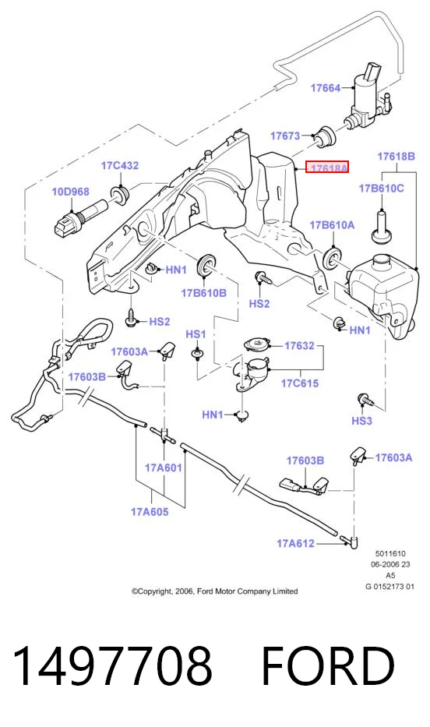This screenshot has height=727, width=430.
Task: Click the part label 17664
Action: coord(326,87)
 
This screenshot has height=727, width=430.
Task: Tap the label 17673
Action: coord(285,136)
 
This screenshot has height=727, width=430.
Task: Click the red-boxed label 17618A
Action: coord(328,168)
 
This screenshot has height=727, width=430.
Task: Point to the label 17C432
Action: coord(120,165)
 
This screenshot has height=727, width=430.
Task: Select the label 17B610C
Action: coord(381,189)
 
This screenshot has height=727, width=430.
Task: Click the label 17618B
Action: coord(397,157)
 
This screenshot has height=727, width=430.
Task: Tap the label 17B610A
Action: coord(332,225)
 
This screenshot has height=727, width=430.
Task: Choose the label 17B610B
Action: coord(203,293)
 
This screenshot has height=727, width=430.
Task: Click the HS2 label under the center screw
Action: coord(259,304)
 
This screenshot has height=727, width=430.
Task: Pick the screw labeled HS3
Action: coord(365,399)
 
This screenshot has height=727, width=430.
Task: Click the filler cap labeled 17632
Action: coord(257,345)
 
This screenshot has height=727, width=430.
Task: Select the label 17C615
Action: coord(300,383)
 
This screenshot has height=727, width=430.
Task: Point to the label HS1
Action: coord(196,334)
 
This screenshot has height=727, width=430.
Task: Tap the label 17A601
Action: coord(164,468)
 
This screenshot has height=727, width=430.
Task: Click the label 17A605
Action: coord(150,512)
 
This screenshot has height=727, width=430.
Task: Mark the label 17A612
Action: coord(296,543)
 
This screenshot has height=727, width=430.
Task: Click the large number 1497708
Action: coord(113,667)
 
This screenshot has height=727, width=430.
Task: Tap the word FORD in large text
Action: coord(328,667)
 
